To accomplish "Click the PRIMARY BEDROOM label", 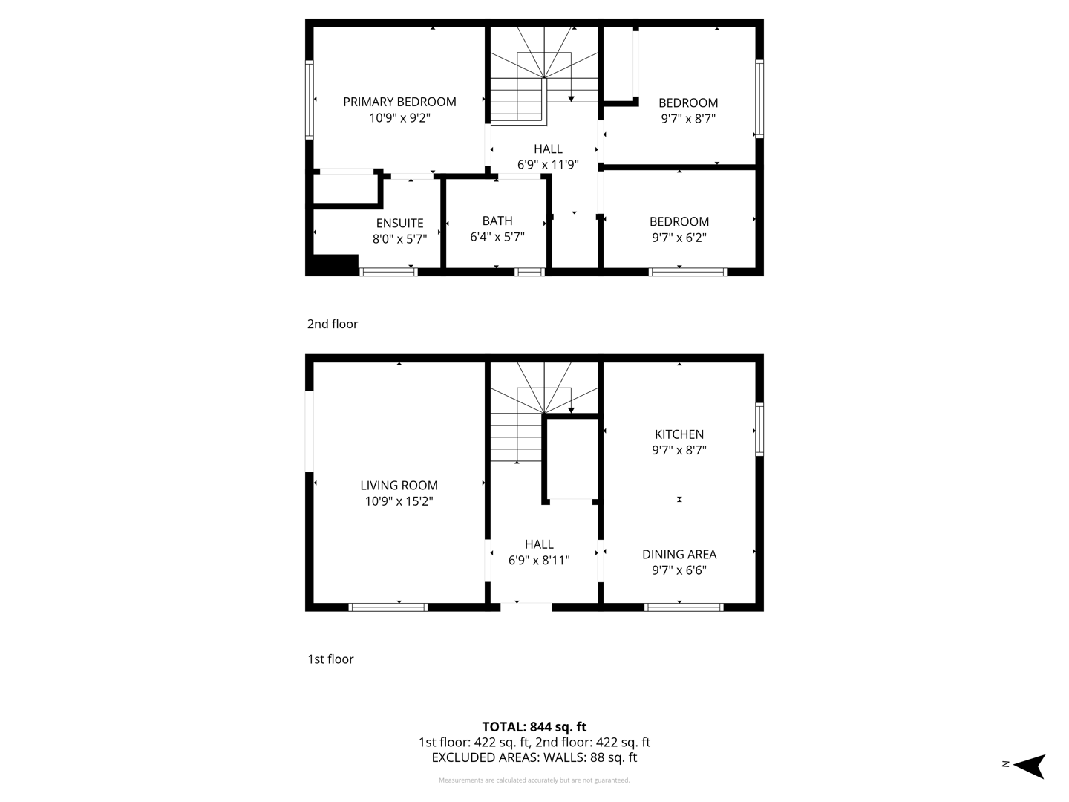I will point(399,102).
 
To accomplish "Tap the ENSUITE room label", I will point(399,223).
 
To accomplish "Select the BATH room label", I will point(497,221).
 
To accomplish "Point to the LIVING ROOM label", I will point(399,485).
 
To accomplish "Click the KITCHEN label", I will point(679,434).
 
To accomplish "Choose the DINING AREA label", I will point(679,554).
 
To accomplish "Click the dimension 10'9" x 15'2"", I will point(399,501).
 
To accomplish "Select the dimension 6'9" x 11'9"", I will point(548,165).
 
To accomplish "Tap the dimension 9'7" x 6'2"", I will point(679,238).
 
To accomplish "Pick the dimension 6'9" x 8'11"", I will point(539,561).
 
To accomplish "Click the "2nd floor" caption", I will point(333,324).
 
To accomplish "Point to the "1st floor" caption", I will point(330,659).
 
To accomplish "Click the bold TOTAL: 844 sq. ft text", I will point(534,727).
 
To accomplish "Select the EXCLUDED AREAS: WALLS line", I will point(534,757).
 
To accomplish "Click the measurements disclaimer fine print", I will point(534,780).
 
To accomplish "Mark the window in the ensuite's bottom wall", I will point(388,272).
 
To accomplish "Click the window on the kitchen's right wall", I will point(759,429).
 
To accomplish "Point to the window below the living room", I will point(388,607).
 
